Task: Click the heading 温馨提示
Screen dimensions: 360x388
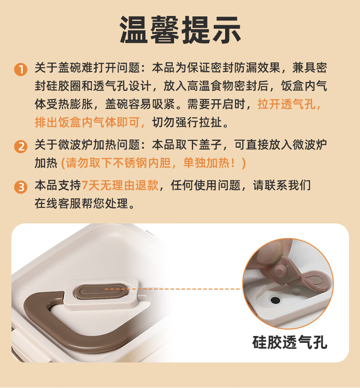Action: [x=180, y=30]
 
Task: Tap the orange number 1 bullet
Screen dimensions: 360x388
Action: [x=21, y=69]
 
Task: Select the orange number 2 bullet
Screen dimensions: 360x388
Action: [x=21, y=146]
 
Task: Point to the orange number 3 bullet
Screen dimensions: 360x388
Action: [x=21, y=187]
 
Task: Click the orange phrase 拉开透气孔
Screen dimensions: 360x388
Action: [x=287, y=104]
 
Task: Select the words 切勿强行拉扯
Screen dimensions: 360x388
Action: [x=187, y=122]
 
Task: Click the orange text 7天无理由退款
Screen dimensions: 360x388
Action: [x=120, y=186]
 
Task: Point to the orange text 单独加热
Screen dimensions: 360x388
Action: [x=206, y=163]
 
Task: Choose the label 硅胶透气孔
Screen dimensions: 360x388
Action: [x=290, y=342]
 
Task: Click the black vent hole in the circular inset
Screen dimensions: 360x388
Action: [x=275, y=300]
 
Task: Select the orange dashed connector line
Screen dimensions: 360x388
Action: [x=172, y=289]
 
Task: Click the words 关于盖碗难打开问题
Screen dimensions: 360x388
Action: [x=87, y=68]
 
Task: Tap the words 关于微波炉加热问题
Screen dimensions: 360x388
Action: [x=87, y=145]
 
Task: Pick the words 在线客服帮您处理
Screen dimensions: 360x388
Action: [x=82, y=203]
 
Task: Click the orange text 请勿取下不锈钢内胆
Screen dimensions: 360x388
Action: [x=118, y=163]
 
